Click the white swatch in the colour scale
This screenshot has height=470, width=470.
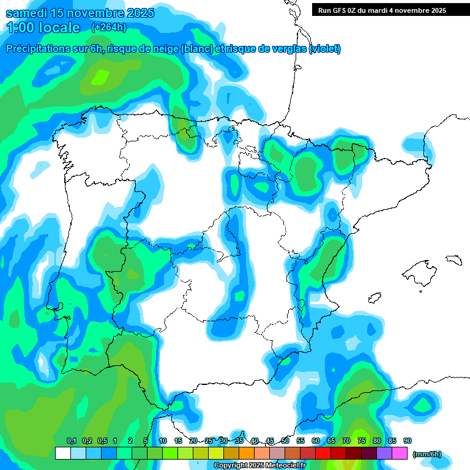click(x=63, y=453)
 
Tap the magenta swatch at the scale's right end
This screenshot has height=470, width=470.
click(x=400, y=453)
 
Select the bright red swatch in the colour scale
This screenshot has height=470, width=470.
click(x=323, y=453)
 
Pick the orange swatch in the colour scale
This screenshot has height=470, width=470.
click(x=247, y=453)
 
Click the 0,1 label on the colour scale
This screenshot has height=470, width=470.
click(x=71, y=441)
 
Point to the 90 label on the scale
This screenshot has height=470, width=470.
click(x=408, y=441)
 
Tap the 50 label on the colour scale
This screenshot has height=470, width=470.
click(x=285, y=441)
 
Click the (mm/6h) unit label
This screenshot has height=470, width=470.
click(x=427, y=454)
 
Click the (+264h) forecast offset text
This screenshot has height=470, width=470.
click(x=108, y=28)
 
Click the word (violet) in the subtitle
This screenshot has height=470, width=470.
click(x=324, y=49)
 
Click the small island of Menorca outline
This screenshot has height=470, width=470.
click(x=453, y=259)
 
